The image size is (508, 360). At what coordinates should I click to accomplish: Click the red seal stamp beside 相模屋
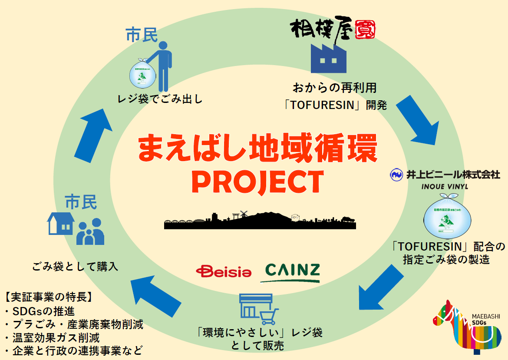[x=365, y=30]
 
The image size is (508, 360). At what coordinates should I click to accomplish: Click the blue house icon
[x=60, y=224]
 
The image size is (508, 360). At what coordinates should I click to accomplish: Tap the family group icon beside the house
[x=90, y=232]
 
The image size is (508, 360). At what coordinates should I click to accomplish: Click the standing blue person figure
[x=162, y=65]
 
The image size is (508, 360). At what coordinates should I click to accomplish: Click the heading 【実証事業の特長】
[x=48, y=298]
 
